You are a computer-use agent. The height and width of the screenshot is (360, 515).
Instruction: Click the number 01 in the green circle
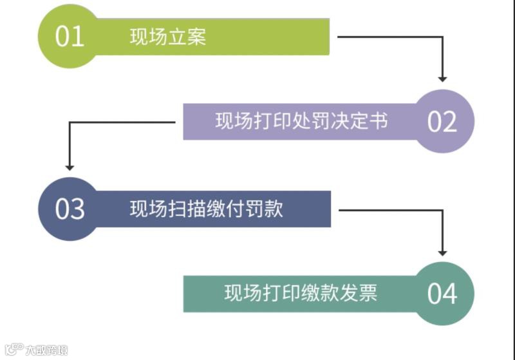(x=70, y=36)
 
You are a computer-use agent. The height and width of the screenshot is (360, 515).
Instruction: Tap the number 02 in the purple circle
(x=442, y=121)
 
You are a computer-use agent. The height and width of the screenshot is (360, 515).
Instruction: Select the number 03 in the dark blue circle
(x=70, y=209)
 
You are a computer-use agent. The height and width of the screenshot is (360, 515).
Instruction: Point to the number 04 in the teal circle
(x=442, y=294)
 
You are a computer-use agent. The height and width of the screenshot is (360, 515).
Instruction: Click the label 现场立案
(x=168, y=37)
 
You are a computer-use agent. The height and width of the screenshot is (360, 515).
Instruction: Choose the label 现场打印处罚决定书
(x=301, y=121)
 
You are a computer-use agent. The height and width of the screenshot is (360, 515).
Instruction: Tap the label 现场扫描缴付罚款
(x=206, y=209)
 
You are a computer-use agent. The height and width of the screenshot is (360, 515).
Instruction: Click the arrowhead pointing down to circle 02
(x=442, y=78)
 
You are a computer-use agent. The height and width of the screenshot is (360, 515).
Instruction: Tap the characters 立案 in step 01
(x=187, y=37)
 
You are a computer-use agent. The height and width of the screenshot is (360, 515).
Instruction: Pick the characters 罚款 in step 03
(x=264, y=209)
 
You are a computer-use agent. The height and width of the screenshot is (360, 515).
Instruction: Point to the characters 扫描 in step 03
(x=187, y=209)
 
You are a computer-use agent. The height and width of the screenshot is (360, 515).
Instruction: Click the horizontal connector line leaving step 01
(x=386, y=37)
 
